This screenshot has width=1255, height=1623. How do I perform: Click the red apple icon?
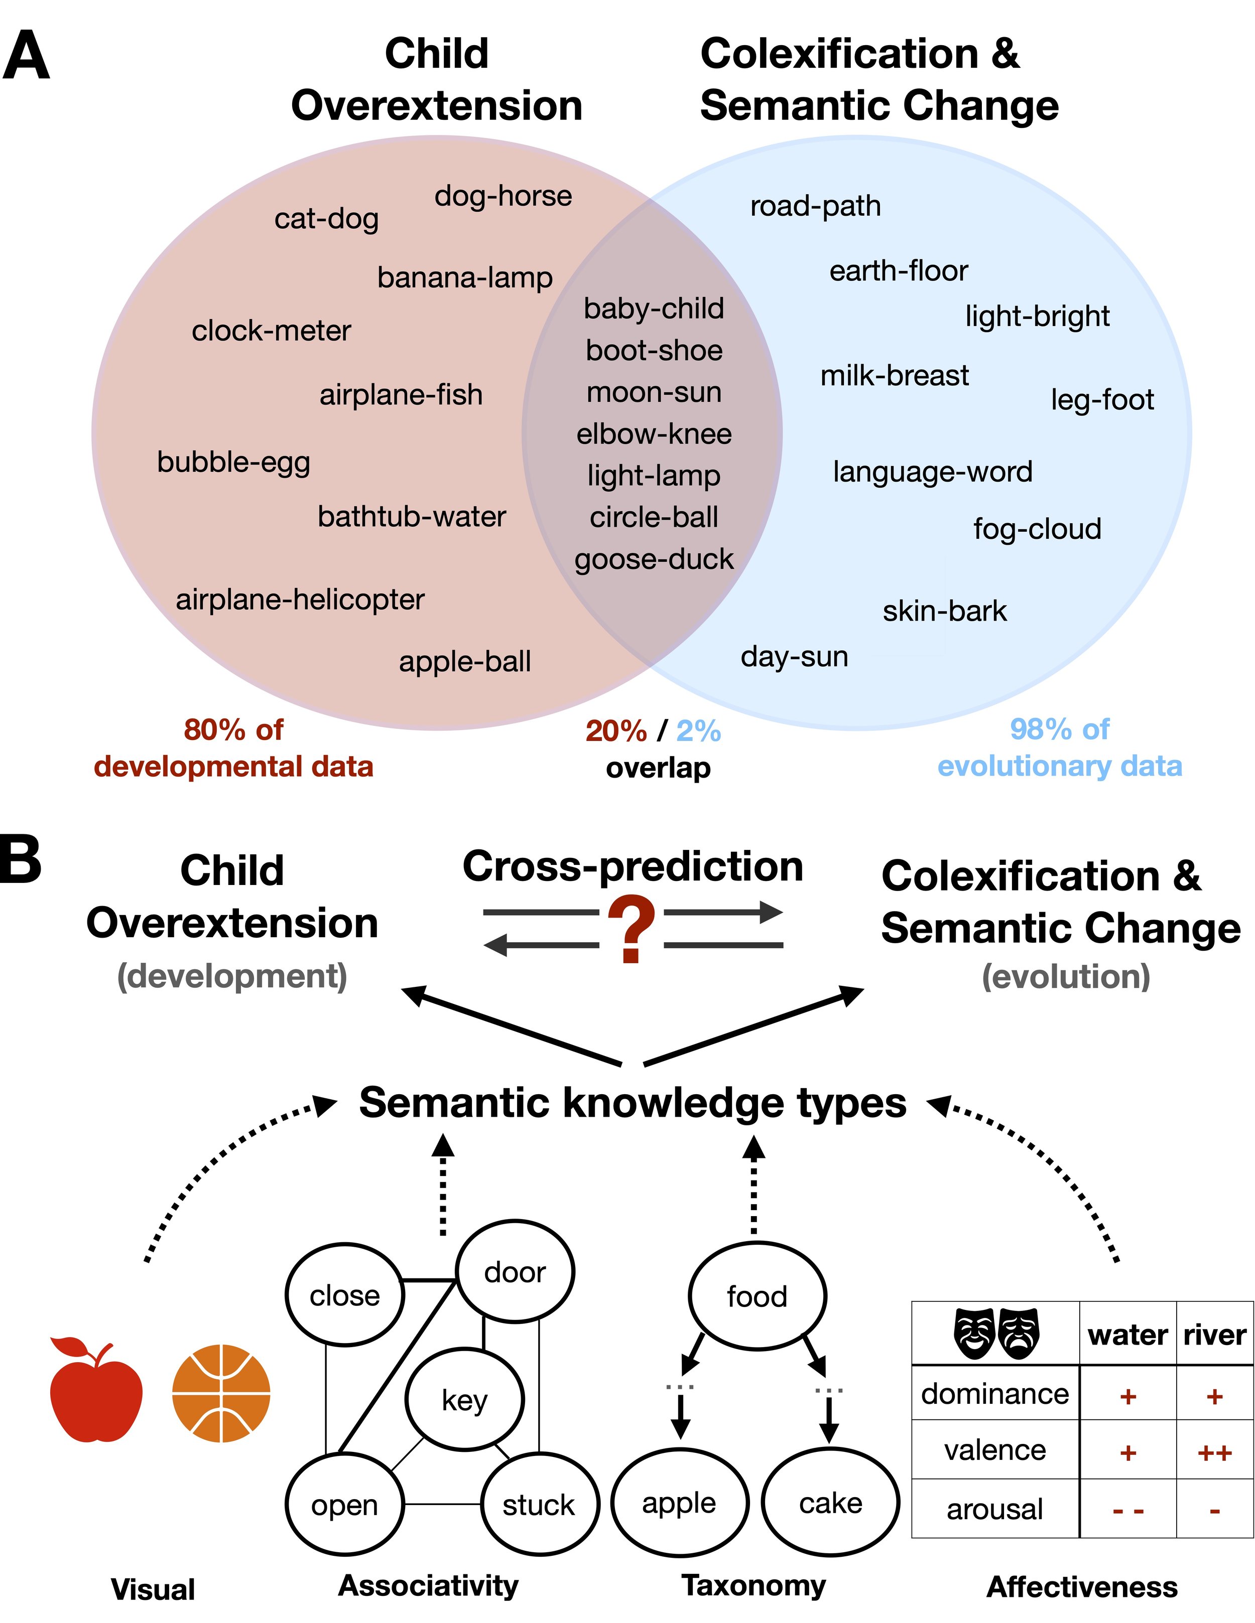click(95, 1394)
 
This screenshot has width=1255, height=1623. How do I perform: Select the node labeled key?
click(465, 1400)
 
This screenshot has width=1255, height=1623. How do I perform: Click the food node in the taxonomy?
click(757, 1297)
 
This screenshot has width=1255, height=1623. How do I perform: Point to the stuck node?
click(539, 1505)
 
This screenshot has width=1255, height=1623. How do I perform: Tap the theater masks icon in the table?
click(996, 1334)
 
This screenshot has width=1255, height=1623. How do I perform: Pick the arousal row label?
click(995, 1509)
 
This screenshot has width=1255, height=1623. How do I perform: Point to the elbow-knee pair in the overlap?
click(654, 434)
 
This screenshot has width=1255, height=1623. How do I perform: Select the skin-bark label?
click(944, 611)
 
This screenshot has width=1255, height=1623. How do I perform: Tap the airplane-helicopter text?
click(300, 599)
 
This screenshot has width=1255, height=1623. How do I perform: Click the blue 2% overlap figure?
click(698, 730)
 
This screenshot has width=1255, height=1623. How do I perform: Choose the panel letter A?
click(26, 56)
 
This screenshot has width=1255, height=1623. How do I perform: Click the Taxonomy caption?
click(754, 1585)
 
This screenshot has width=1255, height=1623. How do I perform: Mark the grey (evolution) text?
click(1065, 976)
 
